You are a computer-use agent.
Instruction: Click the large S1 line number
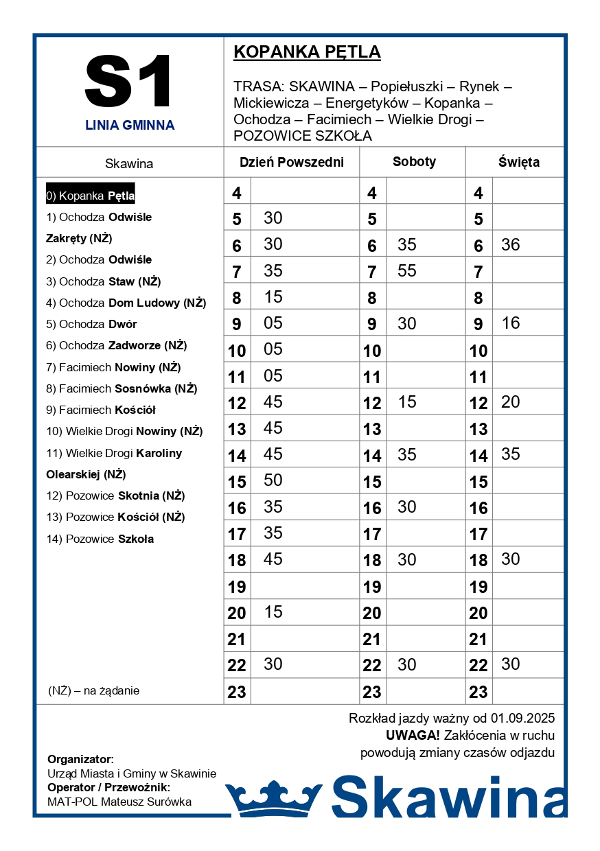[x=128, y=82]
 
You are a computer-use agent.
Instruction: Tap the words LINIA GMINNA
[x=130, y=126]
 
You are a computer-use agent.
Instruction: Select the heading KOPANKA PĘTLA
[x=307, y=52]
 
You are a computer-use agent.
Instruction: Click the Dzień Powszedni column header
[x=291, y=163]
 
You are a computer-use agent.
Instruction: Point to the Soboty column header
[x=414, y=162]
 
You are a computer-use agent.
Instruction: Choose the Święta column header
[x=518, y=163]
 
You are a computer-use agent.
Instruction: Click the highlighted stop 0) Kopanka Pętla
[x=91, y=196]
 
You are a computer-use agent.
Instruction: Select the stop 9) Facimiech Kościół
[x=101, y=410]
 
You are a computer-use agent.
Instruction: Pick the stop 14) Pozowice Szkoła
[x=100, y=539]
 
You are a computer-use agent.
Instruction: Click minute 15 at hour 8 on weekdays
[x=273, y=297]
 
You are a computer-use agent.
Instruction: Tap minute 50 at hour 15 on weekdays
[x=273, y=480]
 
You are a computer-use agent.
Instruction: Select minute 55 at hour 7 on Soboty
[x=407, y=271]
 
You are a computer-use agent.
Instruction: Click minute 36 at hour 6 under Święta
[x=511, y=245]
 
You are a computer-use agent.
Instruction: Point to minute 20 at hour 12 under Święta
[x=511, y=402]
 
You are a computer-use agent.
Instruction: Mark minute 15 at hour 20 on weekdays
[x=273, y=611]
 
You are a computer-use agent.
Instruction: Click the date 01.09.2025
[x=522, y=719]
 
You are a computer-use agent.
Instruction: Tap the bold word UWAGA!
[x=413, y=736]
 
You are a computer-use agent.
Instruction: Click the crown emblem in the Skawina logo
[x=274, y=797]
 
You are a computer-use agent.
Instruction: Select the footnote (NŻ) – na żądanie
[x=93, y=690]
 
